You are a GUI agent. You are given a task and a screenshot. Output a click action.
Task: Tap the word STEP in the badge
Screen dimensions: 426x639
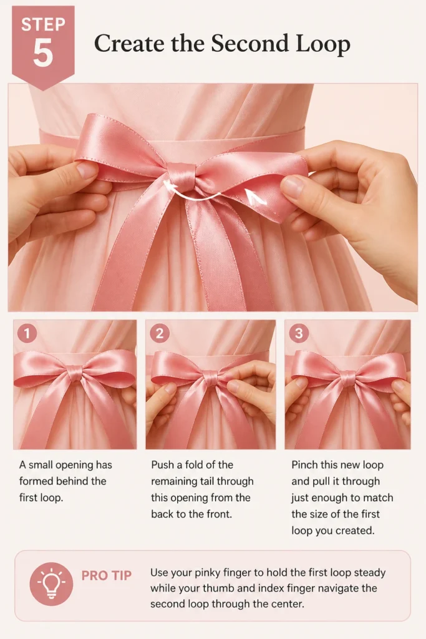[43, 24]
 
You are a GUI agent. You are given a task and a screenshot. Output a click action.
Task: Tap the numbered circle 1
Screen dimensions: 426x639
[27, 334]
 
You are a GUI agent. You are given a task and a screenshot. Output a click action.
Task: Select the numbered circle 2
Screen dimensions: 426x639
[160, 334]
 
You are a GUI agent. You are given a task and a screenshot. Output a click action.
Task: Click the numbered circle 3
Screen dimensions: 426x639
[299, 334]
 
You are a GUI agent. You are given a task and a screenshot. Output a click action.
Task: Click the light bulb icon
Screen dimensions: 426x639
[51, 584]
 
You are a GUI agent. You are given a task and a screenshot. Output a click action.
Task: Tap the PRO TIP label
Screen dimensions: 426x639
[107, 575]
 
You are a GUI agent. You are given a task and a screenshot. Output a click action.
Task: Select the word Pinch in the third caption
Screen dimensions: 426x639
[304, 465]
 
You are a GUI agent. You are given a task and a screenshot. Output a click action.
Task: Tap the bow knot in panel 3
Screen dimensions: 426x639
[347, 379]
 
